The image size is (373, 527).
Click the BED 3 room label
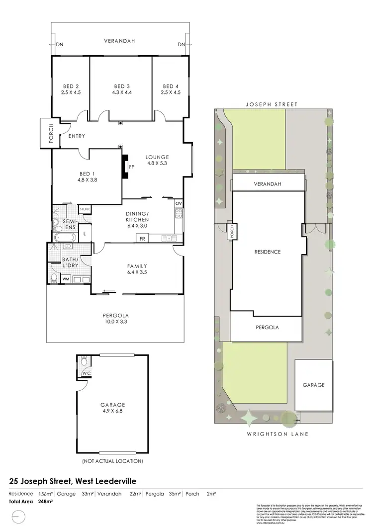121,86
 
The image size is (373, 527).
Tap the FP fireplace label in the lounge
132,167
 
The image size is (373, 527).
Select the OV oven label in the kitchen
179,203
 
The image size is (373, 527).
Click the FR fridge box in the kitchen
142,239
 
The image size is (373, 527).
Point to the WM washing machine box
65,279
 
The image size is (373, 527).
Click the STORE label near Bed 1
85,209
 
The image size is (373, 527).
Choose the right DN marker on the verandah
181,45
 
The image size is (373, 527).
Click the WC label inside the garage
86,373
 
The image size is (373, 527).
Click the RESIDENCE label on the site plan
268,252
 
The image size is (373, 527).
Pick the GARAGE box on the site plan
314,384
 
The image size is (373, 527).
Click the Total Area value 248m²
45,501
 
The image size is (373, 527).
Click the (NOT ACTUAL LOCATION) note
112,461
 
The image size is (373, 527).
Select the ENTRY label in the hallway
77,136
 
